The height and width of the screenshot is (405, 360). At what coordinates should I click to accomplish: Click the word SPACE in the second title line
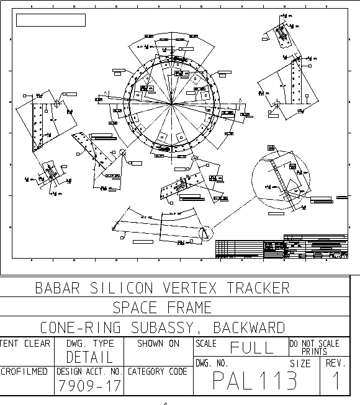pos(136,308)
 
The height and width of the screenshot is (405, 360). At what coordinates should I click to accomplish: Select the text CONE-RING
pos(79,327)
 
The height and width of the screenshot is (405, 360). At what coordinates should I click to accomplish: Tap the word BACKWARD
pos(249,327)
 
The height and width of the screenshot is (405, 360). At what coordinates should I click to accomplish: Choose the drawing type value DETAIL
pos(89,357)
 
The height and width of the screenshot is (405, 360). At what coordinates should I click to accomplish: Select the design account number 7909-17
pos(89,386)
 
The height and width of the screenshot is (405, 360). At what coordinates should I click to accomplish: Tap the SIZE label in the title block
pos(300,363)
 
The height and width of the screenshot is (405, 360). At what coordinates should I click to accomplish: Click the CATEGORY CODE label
pos(157,372)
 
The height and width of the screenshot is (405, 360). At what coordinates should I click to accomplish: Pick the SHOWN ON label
pos(158,343)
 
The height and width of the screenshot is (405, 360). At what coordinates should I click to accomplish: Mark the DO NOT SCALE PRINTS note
pos(314,347)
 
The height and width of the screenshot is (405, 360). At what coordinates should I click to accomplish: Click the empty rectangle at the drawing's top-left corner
pos(50,20)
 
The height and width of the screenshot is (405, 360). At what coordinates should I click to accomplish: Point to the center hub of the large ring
pos(171,102)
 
